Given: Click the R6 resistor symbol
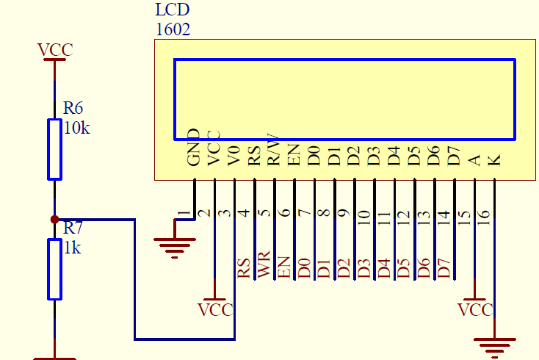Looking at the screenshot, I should point(54,148).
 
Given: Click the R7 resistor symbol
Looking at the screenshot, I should point(54,269).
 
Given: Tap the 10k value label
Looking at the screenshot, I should point(76,128).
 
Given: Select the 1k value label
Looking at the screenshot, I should point(72,248).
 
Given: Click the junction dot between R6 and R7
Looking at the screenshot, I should point(54,219).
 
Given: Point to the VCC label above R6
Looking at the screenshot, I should point(55,50).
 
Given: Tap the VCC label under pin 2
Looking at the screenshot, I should point(215,309).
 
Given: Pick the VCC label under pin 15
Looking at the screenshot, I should point(474,309).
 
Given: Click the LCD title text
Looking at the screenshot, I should point(173,10).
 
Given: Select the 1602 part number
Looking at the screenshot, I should point(173,30).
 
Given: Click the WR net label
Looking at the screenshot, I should point(264,267).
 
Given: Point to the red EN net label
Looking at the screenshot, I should point(284,267).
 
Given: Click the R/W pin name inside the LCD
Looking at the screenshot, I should point(273,148).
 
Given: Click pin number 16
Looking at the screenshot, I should point(484,217).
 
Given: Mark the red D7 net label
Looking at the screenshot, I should point(444,267).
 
